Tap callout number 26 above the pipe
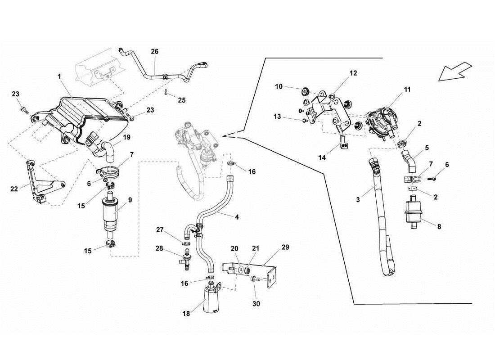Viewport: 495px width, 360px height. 154,52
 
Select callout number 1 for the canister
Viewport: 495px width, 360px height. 59,77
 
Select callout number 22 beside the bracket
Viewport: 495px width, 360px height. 14,189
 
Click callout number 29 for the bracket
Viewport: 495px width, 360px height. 285,248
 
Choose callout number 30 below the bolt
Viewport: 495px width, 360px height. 256,304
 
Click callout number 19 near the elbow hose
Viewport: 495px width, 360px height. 126,137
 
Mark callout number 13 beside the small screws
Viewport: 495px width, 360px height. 277,117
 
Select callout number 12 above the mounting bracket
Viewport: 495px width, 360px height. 353,72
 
